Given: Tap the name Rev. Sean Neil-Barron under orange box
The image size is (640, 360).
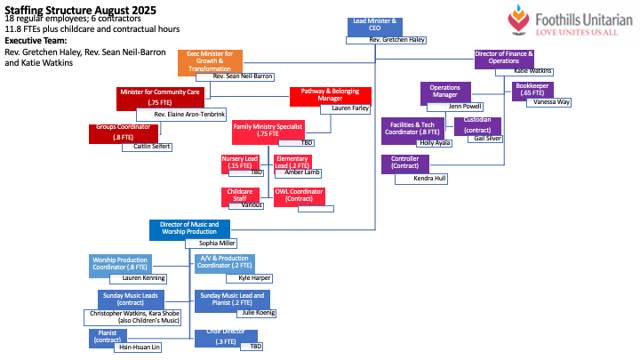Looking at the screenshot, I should pyautogui.click(x=242, y=77).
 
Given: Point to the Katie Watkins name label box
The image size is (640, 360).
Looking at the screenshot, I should pyautogui.click(x=532, y=70).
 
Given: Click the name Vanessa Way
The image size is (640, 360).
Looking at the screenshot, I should pyautogui.click(x=553, y=102).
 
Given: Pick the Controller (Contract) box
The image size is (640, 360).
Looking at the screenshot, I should pyautogui.click(x=405, y=164).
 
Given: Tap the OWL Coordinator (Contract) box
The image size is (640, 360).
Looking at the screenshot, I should pyautogui.click(x=298, y=196).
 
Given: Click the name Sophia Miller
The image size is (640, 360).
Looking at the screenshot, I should pyautogui.click(x=217, y=243).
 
